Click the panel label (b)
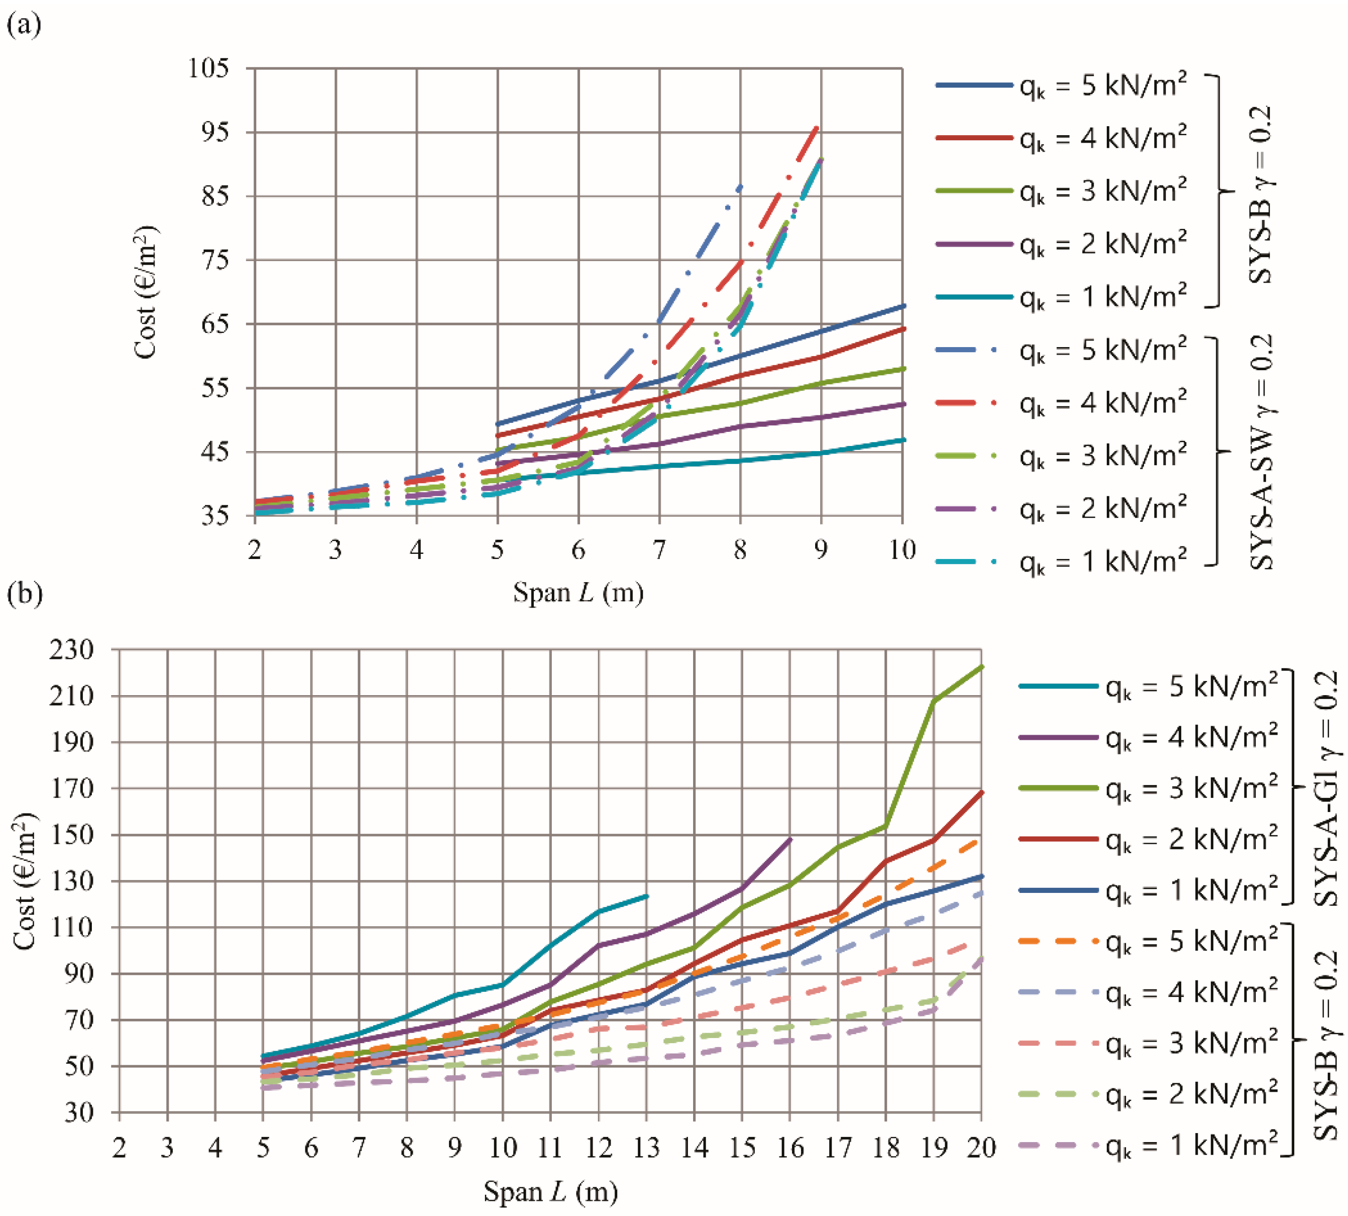(25, 593)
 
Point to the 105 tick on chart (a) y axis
(209, 67)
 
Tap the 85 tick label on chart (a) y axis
(216, 196)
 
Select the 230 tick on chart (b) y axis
(71, 649)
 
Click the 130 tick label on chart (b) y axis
(71, 881)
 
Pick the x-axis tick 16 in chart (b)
(791, 1148)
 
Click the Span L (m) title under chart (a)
(578, 592)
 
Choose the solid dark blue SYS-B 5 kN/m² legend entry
(1061, 86)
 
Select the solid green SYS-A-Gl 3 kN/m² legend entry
(1148, 788)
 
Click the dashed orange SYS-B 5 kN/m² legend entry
(1148, 941)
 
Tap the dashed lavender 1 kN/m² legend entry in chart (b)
(1148, 1145)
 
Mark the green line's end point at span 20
(981, 666)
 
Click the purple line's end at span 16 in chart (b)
(791, 838)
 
